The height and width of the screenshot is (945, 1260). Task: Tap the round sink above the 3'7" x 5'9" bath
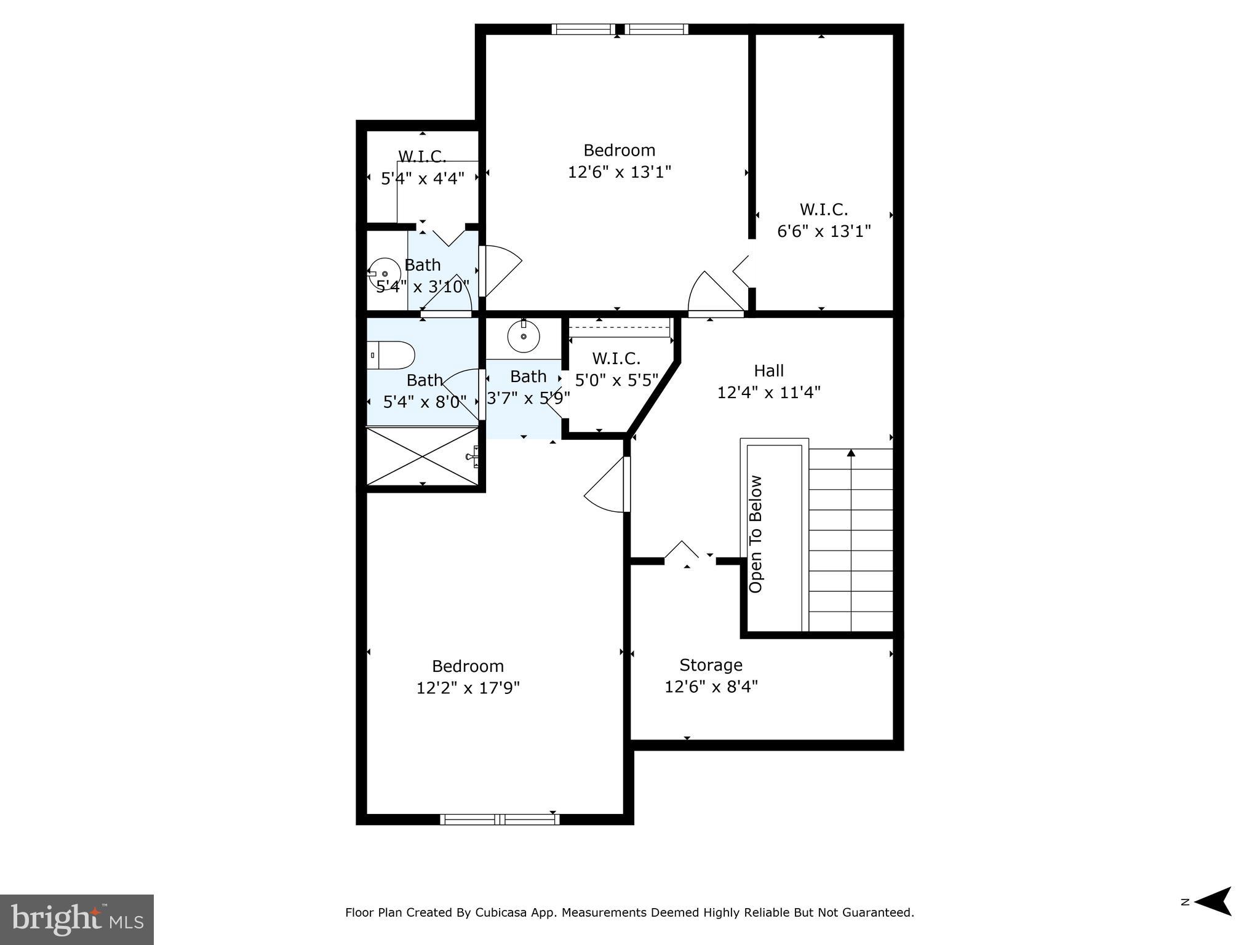pos(524,337)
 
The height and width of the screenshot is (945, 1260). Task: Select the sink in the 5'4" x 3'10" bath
pos(385,273)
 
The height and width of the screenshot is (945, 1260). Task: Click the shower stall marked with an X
pos(422,456)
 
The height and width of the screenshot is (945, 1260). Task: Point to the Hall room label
pos(768,370)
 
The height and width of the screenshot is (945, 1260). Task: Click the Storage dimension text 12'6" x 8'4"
pos(711,686)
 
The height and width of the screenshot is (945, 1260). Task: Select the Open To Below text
pos(756,534)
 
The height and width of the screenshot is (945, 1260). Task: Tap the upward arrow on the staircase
pos(851,453)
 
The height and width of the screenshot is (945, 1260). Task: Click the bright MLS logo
pos(77,919)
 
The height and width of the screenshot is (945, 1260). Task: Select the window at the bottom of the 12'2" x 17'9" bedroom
pos(500,819)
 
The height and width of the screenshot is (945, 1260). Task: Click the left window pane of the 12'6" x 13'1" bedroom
pos(583,29)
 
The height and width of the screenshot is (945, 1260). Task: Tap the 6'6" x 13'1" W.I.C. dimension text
pos(824,231)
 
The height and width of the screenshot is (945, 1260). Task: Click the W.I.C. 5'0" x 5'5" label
pos(616,369)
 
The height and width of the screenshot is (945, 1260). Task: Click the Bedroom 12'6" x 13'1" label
pos(619,161)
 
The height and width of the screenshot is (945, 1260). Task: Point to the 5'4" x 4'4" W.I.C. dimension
pos(423,179)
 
